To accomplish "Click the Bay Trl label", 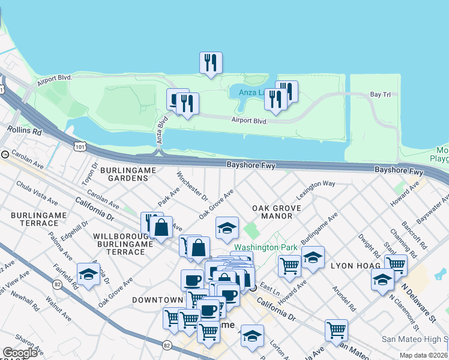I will [380, 95].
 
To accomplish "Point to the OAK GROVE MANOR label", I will [276, 212].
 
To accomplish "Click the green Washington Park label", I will [257, 247].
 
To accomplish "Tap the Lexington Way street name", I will [315, 190].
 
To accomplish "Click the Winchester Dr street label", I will [191, 186].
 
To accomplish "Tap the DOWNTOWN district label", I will [157, 299].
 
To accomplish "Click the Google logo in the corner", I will [20, 353].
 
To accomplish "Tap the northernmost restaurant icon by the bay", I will [211, 62].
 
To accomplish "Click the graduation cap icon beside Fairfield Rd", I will [89, 274].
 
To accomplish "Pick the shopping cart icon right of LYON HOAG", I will [396, 263].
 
